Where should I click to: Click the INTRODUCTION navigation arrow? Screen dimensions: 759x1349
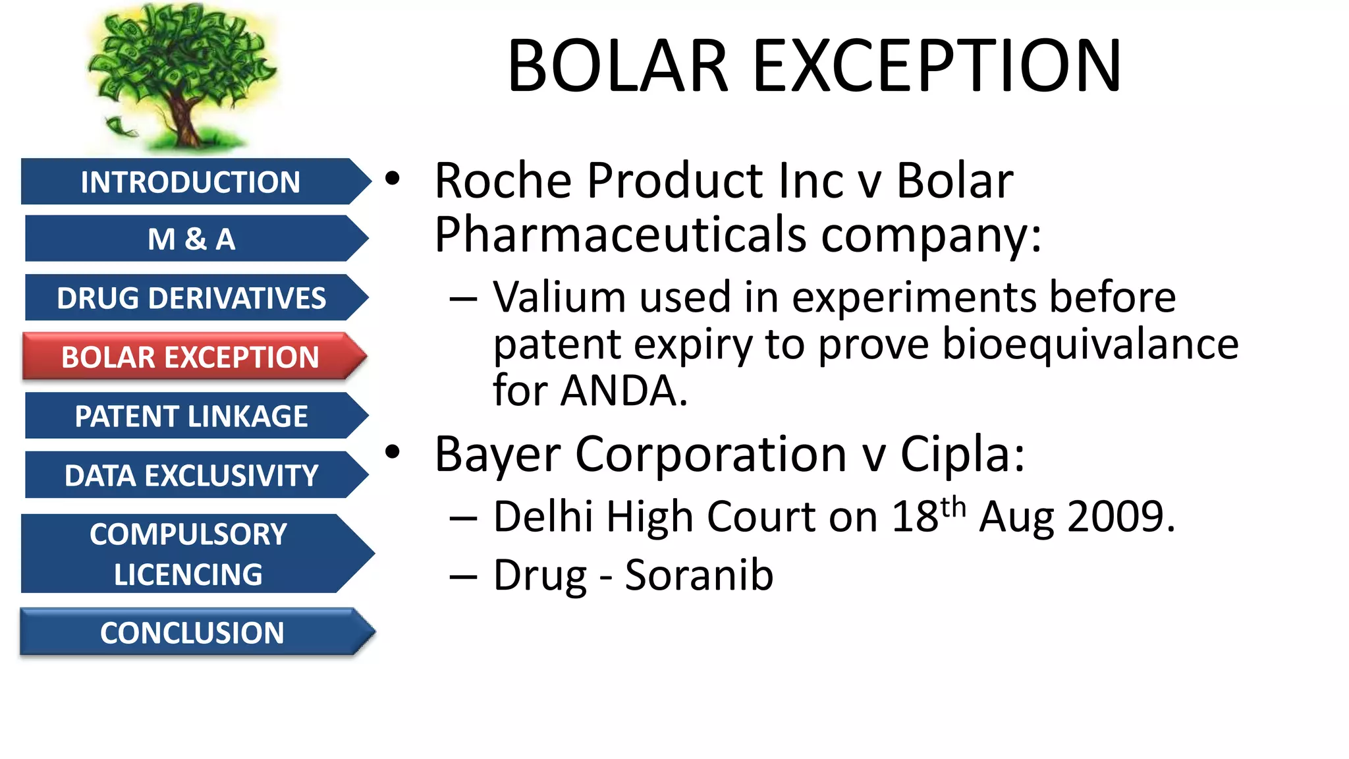point(190,182)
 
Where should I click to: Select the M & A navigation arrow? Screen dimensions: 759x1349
point(191,239)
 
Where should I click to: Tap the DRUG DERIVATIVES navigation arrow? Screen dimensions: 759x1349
point(191,298)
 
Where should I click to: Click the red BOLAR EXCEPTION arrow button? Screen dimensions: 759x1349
point(190,357)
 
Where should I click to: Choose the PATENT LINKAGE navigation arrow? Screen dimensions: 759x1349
point(191,416)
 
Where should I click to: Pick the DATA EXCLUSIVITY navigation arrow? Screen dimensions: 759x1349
point(191,475)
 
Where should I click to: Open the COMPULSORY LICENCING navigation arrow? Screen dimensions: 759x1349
point(188,553)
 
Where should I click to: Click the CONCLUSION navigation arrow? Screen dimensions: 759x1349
point(192,632)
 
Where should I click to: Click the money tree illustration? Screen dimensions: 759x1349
point(181,76)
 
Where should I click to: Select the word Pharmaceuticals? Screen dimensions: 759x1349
point(620,235)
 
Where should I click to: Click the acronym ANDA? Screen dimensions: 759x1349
point(622,391)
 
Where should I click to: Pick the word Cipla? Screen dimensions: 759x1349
point(962,454)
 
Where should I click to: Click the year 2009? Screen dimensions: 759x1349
point(1120,517)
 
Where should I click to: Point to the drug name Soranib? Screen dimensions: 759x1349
point(699,575)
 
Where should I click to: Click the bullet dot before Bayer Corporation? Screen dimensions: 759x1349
point(393,453)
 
